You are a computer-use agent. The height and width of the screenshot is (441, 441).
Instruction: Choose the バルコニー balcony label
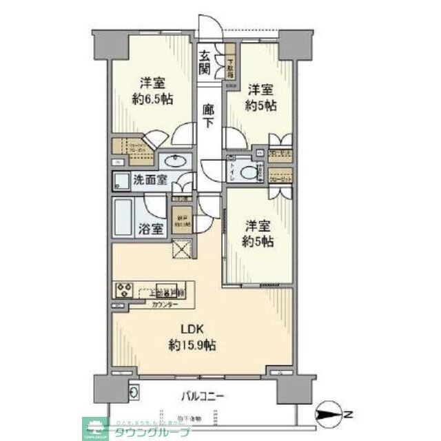(x=203, y=396)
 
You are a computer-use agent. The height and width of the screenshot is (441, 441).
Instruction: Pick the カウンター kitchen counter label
(x=164, y=305)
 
